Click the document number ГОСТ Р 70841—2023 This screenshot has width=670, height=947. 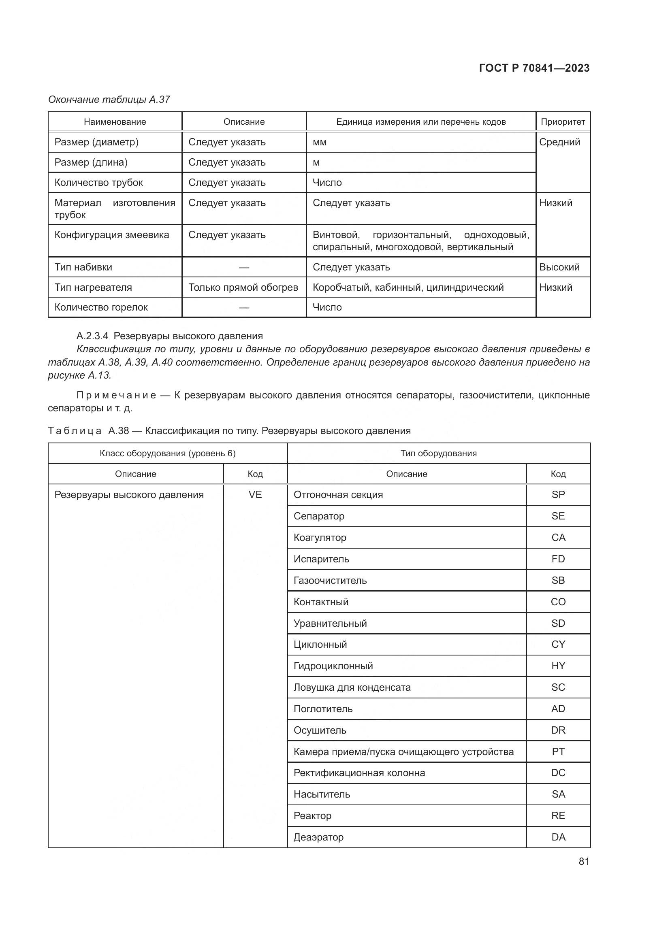(x=534, y=68)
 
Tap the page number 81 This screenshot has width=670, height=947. (x=584, y=861)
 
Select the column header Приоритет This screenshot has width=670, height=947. (x=563, y=122)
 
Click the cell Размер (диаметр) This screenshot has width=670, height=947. (x=96, y=142)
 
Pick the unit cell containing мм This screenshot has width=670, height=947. (x=320, y=142)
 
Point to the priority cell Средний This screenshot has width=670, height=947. (x=559, y=142)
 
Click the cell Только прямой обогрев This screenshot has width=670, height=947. (x=243, y=287)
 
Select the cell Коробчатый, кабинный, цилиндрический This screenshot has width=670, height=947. (x=408, y=287)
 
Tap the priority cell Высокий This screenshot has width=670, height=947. (x=559, y=267)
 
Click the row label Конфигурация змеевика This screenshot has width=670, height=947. (x=112, y=235)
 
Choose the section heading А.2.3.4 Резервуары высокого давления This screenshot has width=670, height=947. (x=170, y=336)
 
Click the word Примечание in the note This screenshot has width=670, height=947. (x=116, y=395)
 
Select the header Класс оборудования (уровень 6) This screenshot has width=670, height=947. (x=168, y=453)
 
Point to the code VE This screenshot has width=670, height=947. (x=255, y=494)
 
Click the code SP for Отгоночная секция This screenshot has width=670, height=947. (x=558, y=494)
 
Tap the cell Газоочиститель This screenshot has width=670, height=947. (x=330, y=580)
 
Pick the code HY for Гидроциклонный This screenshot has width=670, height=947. (x=558, y=666)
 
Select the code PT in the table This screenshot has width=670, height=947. (x=558, y=751)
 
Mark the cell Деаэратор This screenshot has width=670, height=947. (x=318, y=837)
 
